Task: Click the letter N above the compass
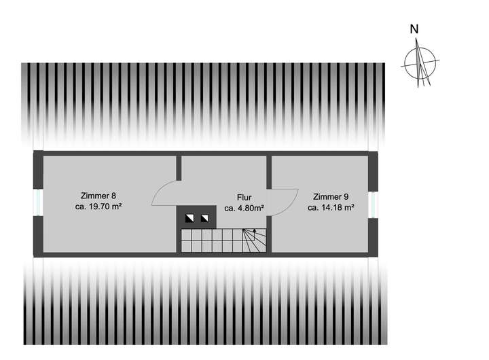[414, 29]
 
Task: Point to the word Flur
[244, 198]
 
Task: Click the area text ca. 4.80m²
[244, 209]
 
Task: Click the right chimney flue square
[204, 219]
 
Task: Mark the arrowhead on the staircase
[255, 232]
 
